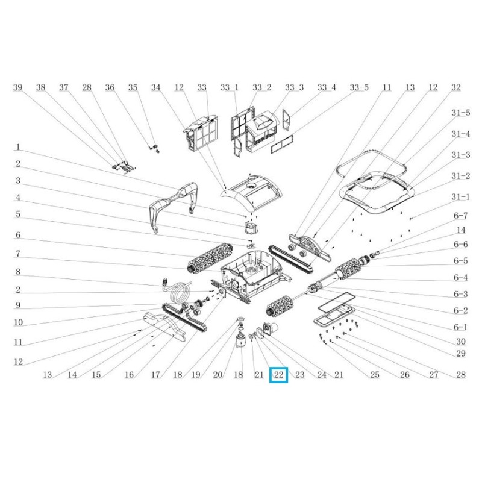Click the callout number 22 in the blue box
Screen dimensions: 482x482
(278, 374)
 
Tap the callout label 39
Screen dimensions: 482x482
(18, 87)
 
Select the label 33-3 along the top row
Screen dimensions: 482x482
(294, 87)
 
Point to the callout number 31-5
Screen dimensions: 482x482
(461, 113)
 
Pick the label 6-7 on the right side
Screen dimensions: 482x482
(461, 216)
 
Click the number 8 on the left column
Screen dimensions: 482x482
(18, 272)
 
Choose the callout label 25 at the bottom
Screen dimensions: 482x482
(374, 374)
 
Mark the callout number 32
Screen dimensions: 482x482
(456, 87)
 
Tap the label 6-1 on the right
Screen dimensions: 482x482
(461, 327)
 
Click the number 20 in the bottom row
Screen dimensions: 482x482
(218, 374)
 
